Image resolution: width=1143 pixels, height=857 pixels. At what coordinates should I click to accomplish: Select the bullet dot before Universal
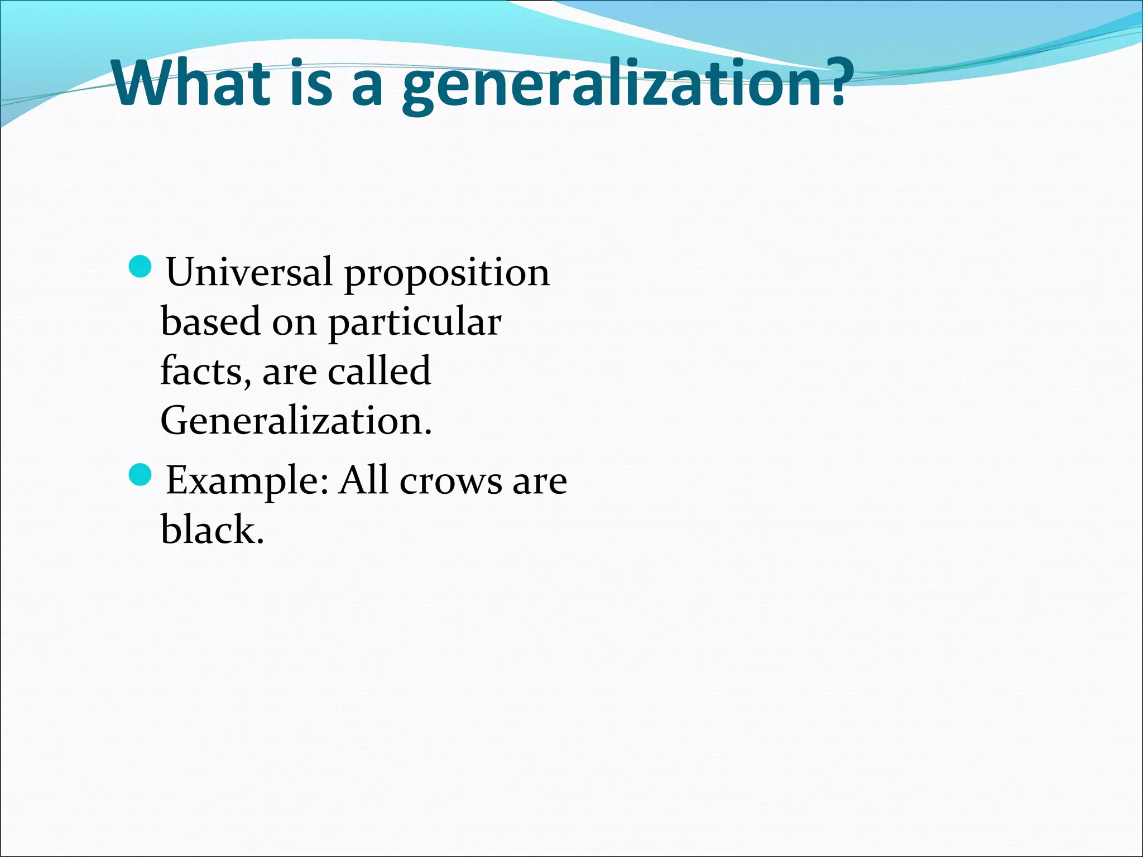pos(140,267)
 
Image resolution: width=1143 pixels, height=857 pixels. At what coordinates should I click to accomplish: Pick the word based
pos(211,321)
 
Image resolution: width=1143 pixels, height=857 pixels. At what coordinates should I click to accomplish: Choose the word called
pos(379,370)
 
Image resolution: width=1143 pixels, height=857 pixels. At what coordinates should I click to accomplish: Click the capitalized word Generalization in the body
pos(296,420)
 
